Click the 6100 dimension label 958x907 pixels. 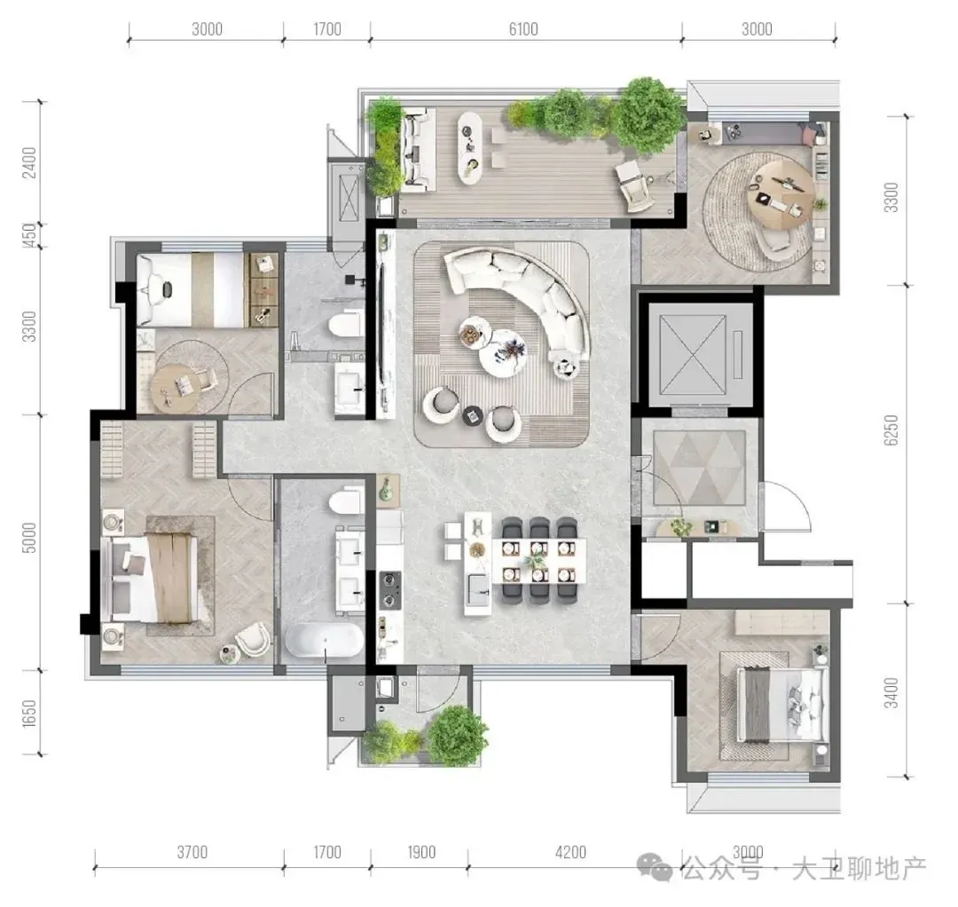click(523, 29)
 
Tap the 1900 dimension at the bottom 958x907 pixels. click(421, 853)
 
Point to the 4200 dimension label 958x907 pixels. click(570, 853)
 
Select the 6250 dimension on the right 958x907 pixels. click(891, 430)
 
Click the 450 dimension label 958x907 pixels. click(29, 234)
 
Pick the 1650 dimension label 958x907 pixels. click(29, 714)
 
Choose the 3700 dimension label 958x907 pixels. click(192, 853)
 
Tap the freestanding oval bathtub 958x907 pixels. click(324, 641)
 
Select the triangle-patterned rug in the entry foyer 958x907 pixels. click(699, 469)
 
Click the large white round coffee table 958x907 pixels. click(502, 353)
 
